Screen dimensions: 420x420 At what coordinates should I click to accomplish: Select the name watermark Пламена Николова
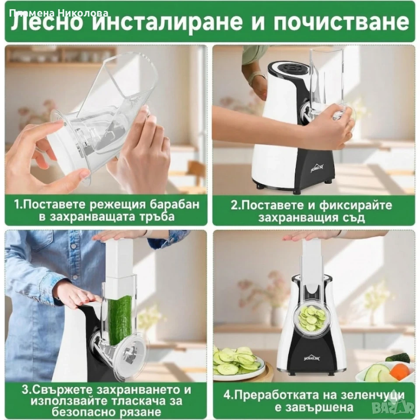[59, 13]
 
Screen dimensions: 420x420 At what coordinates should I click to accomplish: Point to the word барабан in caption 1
[174, 204]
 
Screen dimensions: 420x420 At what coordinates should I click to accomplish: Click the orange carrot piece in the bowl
[399, 371]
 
